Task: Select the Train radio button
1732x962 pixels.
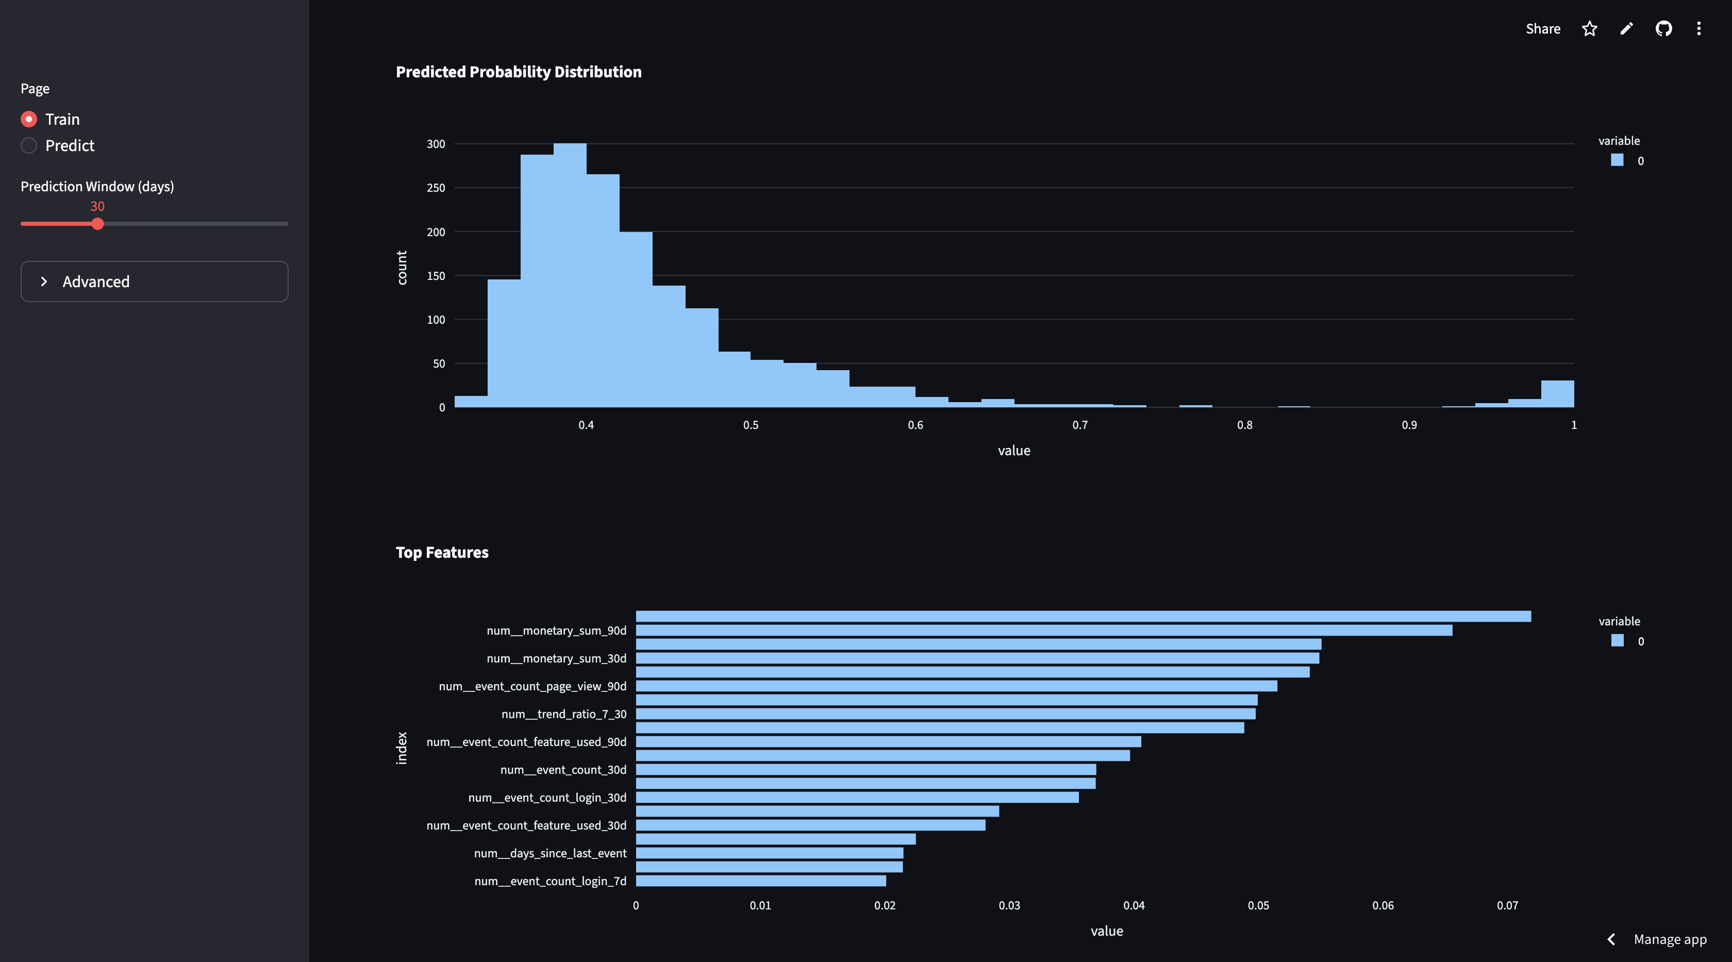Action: point(29,119)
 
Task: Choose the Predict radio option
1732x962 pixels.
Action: point(29,145)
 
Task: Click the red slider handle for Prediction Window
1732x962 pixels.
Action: point(97,224)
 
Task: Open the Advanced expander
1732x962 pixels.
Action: point(155,281)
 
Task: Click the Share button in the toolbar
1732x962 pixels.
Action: point(1543,28)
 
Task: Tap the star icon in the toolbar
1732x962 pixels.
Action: point(1589,28)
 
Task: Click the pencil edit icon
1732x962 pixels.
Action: point(1626,28)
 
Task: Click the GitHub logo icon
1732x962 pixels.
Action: point(1663,28)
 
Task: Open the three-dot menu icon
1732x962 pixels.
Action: point(1698,28)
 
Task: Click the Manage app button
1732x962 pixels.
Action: point(1670,939)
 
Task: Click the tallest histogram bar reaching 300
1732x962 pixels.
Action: point(570,275)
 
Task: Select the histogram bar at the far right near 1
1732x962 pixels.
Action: point(1557,394)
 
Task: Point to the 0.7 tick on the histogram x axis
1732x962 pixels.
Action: point(1080,425)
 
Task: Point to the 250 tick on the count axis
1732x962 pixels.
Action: point(436,188)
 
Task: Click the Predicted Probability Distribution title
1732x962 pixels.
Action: point(519,72)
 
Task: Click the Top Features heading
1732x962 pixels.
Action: point(442,553)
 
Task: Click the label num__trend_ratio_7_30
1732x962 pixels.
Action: point(564,714)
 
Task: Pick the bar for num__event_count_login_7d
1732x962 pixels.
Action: point(761,881)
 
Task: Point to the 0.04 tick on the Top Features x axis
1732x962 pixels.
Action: point(1134,905)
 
